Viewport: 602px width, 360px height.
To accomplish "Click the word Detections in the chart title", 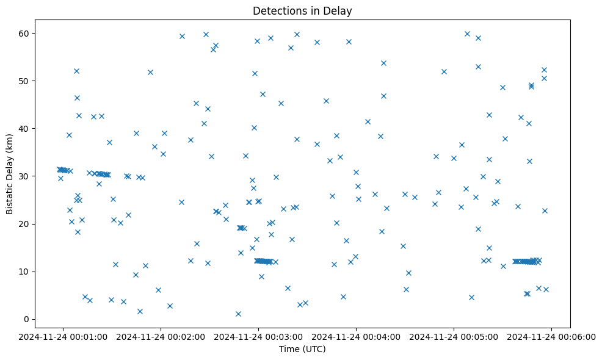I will coord(278,11).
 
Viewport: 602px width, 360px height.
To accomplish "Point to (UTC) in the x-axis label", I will coord(313,350).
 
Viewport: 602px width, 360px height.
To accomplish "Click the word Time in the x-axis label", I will coord(288,350).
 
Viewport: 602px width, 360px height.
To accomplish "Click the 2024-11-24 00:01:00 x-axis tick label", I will coord(63,336).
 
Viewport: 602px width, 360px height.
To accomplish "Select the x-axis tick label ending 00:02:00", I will coord(161,336).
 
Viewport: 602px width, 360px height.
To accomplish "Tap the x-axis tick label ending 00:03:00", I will coord(259,336).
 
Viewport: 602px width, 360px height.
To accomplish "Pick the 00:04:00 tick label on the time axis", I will coord(357,336).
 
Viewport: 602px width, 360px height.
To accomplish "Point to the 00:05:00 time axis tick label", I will coord(454,336).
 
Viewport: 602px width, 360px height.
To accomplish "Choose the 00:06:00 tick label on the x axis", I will coord(552,336).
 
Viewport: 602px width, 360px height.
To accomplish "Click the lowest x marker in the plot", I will coord(238,314).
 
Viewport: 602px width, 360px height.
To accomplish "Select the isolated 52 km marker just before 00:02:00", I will coord(150,72).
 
